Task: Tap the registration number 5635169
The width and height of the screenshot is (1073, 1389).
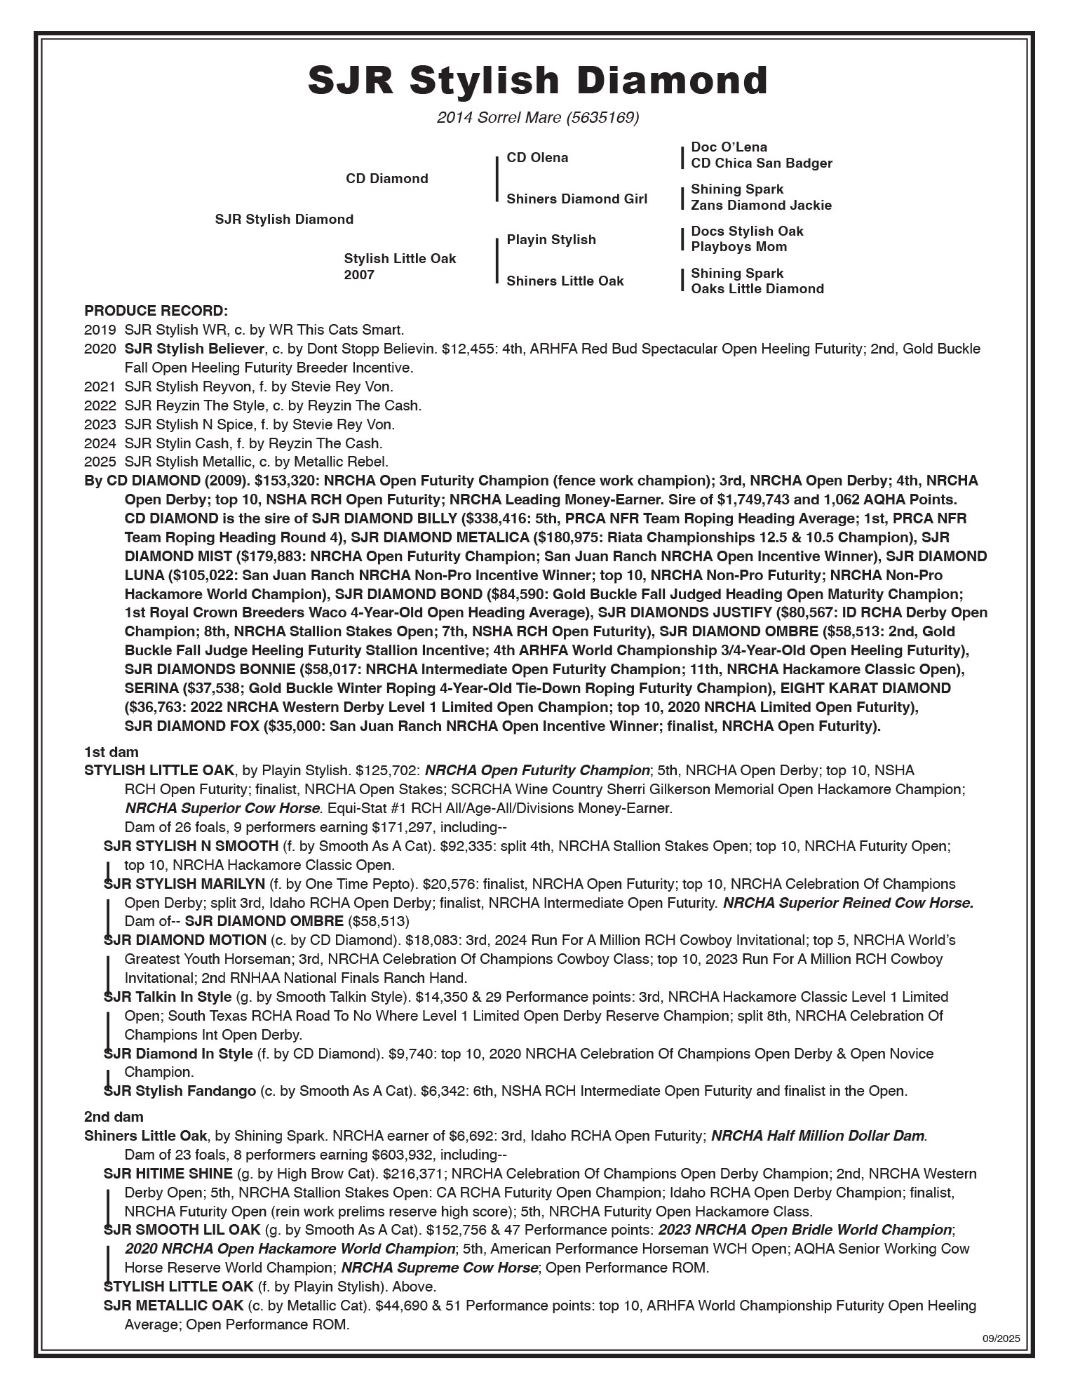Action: pos(602,118)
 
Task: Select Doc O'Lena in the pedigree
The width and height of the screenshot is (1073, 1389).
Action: pos(729,147)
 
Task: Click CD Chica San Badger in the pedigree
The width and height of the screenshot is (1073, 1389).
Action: pos(761,163)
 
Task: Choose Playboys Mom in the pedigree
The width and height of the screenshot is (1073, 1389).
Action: pos(738,247)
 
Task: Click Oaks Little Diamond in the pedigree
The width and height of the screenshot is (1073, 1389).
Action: pos(757,289)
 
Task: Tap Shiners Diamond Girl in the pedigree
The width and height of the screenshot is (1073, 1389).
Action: pos(576,199)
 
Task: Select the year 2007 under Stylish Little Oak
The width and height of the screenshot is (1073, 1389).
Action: pos(359,275)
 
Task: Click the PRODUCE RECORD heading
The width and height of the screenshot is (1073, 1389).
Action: pos(156,311)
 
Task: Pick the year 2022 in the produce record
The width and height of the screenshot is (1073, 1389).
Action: pos(99,405)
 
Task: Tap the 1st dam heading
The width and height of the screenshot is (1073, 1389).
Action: pos(111,753)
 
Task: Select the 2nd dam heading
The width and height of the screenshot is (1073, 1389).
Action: pos(113,1117)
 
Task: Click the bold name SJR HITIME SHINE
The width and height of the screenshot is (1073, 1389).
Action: pos(168,1174)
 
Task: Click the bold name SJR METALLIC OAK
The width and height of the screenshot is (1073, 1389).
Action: pos(173,1306)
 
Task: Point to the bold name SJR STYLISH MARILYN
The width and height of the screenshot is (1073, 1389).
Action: pos(184,884)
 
